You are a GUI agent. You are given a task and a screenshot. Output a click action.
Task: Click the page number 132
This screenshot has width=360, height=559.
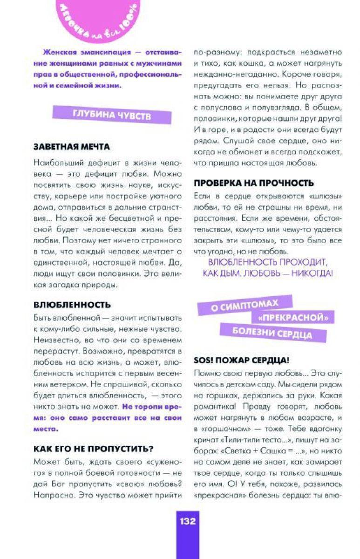pos(188,521)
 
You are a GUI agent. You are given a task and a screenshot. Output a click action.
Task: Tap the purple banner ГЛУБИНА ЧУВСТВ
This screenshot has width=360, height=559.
pos(112,115)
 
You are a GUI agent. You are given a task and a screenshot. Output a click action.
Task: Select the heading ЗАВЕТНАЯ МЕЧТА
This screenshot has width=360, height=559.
pos(71,147)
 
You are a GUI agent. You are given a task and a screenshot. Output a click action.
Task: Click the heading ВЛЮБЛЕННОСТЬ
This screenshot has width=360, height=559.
pos(72,305)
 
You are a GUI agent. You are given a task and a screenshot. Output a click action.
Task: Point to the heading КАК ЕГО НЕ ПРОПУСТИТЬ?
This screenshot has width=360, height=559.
pos(93,449)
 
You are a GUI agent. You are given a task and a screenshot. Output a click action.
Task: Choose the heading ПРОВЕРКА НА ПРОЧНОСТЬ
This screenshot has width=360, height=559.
pos(253,183)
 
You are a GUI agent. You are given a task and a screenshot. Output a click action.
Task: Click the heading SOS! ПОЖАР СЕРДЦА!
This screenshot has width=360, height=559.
pos(241,360)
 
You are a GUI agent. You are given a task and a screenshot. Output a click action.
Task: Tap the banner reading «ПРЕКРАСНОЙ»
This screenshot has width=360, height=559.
pos(292,318)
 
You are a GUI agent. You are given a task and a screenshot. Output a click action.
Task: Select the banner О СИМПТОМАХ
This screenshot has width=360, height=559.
pos(245,305)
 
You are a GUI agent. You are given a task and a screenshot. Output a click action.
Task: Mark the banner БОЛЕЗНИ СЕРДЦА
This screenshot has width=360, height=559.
pos(272,333)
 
